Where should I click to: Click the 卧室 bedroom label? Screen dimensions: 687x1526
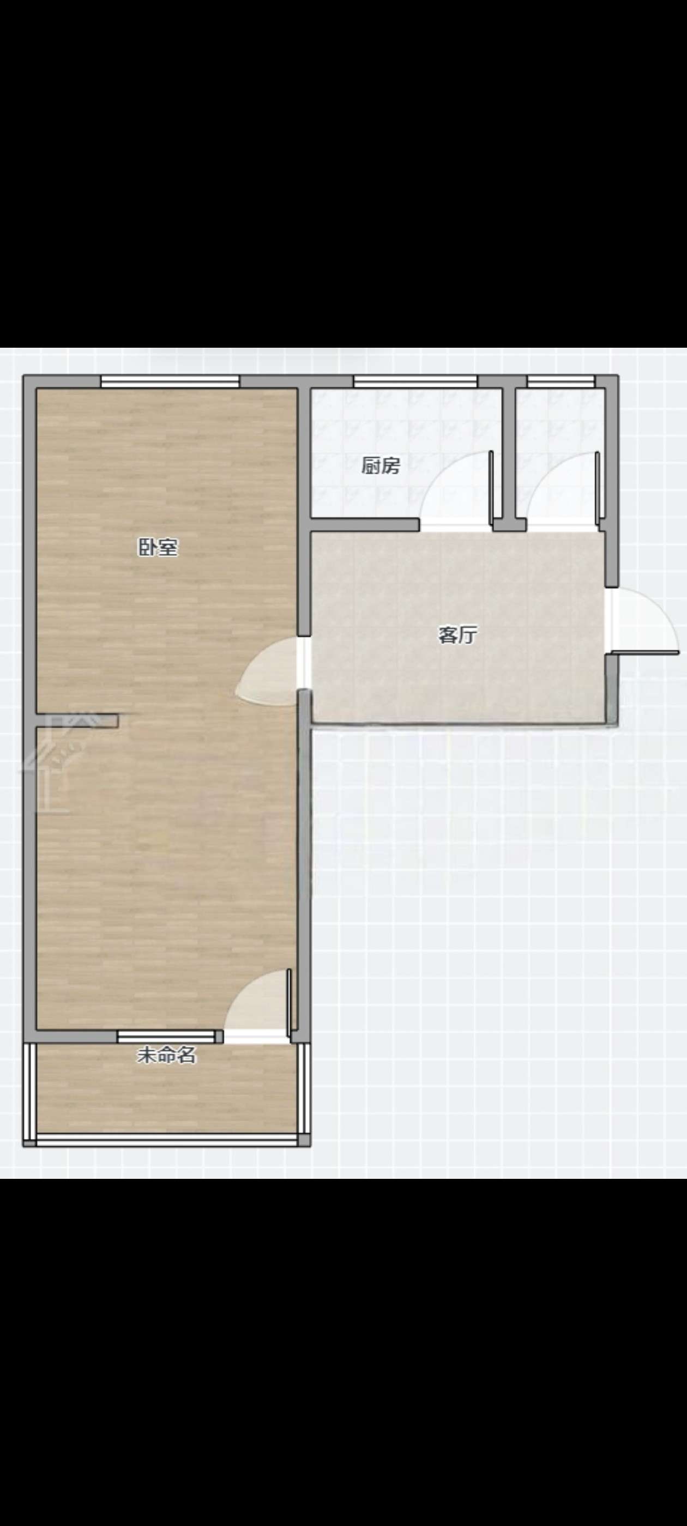[x=158, y=547]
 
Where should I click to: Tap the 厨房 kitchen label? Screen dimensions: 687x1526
[x=381, y=466]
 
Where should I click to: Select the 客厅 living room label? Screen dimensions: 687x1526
[x=457, y=635]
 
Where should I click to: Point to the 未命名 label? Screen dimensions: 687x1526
[x=166, y=1055]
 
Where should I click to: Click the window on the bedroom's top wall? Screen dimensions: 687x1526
[x=170, y=381]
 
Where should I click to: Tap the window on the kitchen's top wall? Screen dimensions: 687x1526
[x=415, y=381]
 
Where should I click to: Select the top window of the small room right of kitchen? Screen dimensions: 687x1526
[x=560, y=381]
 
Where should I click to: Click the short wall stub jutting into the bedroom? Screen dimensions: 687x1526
[x=77, y=720]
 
